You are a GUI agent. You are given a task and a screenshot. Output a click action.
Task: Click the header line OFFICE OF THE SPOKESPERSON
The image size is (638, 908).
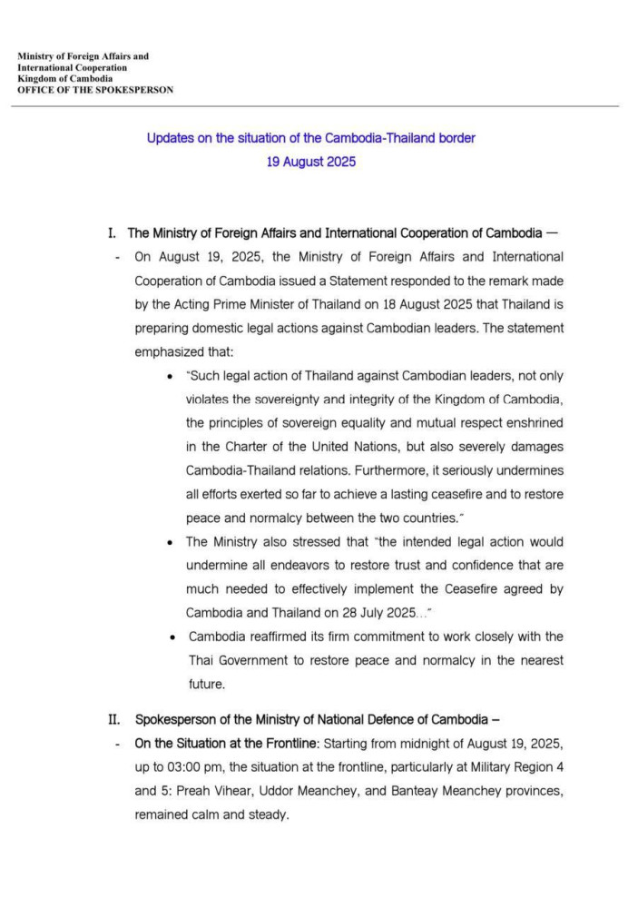(x=95, y=90)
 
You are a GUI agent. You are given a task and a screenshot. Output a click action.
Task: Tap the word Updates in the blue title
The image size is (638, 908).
(x=169, y=139)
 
